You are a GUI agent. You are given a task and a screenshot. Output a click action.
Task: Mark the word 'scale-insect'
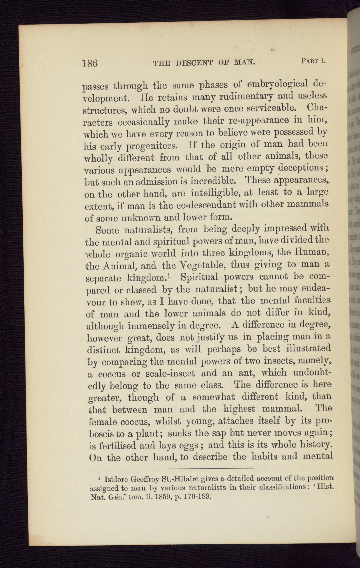[171, 374]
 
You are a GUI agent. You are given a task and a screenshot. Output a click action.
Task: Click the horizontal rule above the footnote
[211, 468]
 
